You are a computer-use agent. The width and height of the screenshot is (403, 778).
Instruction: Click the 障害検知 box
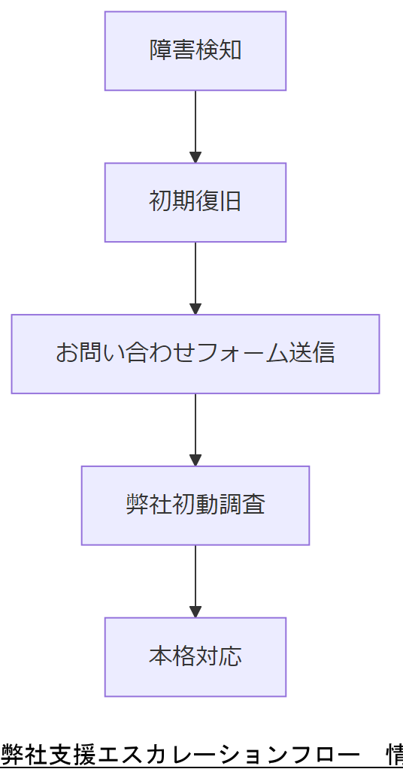click(x=195, y=51)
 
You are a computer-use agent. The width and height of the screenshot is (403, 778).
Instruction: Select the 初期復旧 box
click(x=195, y=203)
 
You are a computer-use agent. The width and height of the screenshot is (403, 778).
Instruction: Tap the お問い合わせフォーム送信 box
click(x=195, y=354)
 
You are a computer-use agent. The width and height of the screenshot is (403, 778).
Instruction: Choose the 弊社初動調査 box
click(x=195, y=505)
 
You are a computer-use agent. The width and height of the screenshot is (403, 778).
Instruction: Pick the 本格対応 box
click(x=195, y=657)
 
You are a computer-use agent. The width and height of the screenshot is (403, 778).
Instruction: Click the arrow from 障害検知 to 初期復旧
click(x=195, y=124)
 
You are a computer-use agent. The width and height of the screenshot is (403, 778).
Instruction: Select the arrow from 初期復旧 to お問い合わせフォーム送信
click(x=195, y=276)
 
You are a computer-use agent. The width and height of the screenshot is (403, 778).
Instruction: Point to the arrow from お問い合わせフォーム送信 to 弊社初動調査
click(x=195, y=427)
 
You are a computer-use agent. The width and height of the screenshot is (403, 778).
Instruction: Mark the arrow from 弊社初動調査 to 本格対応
click(x=195, y=579)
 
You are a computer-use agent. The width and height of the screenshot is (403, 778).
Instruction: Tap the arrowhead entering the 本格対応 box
click(x=195, y=611)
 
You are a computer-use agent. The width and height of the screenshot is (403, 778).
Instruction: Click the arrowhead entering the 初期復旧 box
click(x=195, y=157)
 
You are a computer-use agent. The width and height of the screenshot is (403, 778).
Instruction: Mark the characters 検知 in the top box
click(x=219, y=51)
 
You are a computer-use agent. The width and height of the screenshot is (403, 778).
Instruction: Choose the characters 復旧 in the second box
click(x=219, y=203)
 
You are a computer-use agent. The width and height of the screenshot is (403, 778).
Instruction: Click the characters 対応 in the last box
click(x=219, y=657)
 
